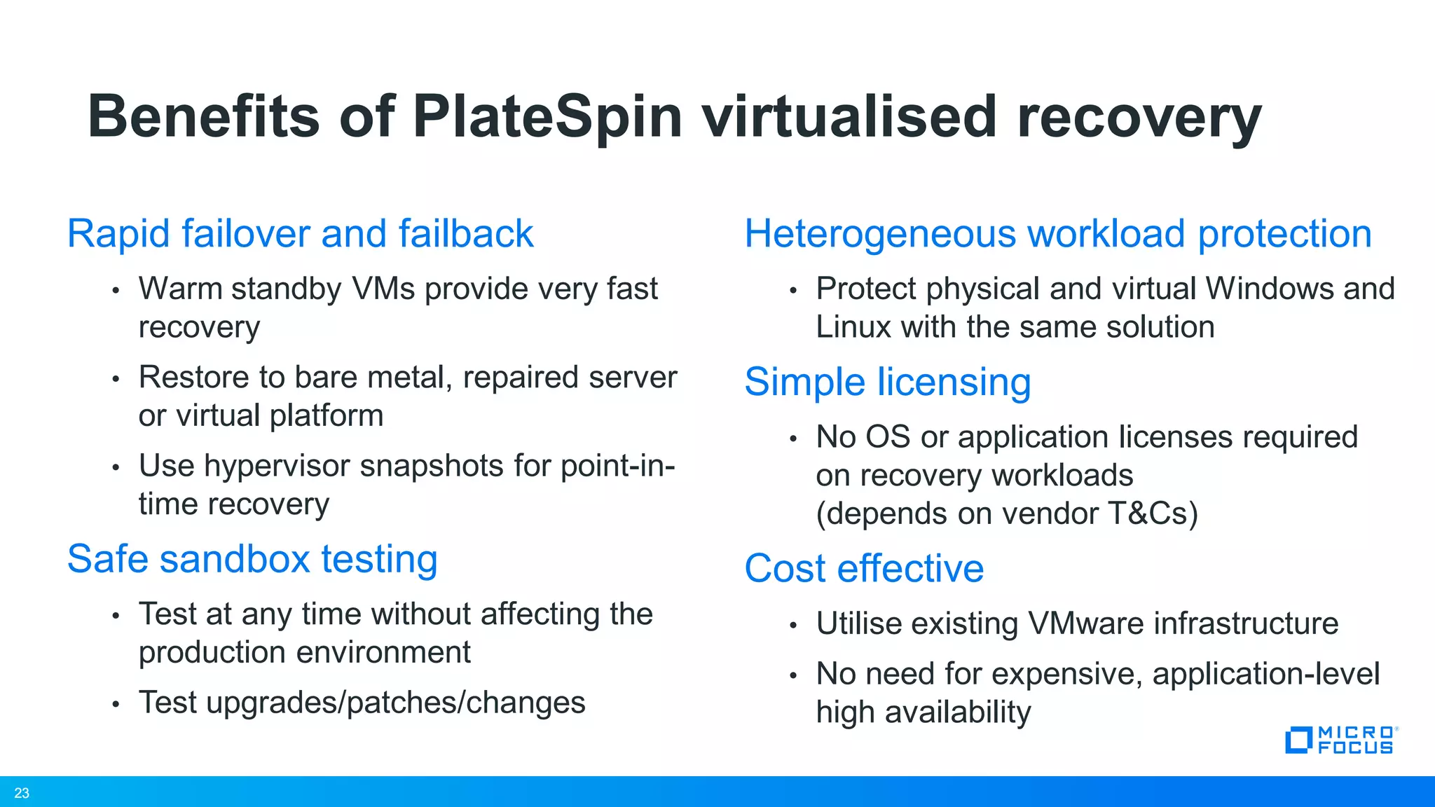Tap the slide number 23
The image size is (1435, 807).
point(22,793)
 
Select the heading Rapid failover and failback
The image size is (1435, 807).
point(300,233)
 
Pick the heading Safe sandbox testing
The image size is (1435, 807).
point(252,559)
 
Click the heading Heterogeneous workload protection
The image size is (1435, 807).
point(1058,233)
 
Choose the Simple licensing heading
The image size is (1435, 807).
point(888,382)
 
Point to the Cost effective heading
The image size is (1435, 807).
point(864,568)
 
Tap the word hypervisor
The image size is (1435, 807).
point(277,466)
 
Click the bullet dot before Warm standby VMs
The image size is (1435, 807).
point(116,290)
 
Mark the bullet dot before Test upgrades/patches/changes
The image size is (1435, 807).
point(116,704)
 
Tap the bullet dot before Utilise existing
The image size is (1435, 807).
point(793,625)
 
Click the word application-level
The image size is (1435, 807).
point(1265,674)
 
